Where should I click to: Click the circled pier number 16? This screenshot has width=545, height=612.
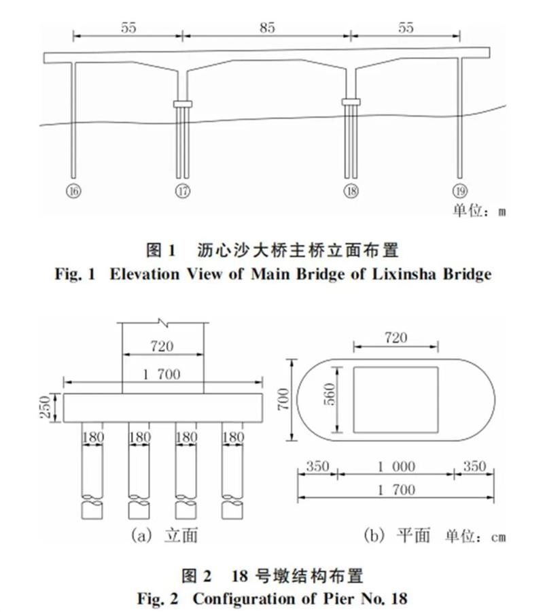[73, 191]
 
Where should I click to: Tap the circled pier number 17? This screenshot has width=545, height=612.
[183, 191]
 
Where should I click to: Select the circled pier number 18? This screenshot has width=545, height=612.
[351, 191]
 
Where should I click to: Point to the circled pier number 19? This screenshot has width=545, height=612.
[459, 191]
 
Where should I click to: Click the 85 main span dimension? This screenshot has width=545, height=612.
[267, 28]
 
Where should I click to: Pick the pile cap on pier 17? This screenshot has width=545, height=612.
[183, 104]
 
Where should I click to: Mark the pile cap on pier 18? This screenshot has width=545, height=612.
[351, 102]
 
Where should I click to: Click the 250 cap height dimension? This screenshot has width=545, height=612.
[46, 407]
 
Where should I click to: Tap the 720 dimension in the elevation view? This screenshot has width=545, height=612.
[162, 346]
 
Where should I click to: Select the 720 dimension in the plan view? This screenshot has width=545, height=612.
[396, 337]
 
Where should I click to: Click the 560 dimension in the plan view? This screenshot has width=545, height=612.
[330, 394]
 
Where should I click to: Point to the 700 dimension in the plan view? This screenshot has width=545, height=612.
[283, 399]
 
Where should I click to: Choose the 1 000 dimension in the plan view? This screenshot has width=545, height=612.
[396, 466]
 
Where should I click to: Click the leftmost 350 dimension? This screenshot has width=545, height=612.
[317, 466]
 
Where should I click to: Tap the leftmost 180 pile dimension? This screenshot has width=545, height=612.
[93, 437]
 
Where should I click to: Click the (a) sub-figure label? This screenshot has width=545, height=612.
[141, 535]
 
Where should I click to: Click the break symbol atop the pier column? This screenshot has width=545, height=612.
[162, 322]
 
